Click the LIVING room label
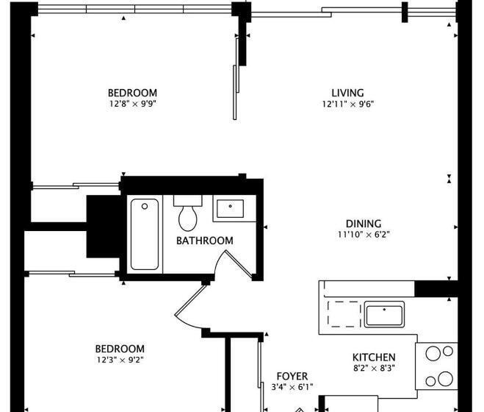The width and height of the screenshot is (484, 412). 347,93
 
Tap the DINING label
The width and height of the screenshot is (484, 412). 364,224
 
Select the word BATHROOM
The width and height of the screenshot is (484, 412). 205,241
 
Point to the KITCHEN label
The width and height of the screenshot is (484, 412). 374,358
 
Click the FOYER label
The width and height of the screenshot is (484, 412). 292,376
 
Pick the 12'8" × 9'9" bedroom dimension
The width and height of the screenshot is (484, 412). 133,104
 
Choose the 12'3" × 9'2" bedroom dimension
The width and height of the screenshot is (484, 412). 120,360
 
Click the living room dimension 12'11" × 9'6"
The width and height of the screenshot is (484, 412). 348,104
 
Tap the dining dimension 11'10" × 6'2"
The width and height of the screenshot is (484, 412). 364,235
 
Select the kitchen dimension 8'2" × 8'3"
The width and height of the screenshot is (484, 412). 374,368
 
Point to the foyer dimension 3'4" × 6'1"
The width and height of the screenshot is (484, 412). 292,387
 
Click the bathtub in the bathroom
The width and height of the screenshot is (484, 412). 145,234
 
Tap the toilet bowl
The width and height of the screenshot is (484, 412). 188,218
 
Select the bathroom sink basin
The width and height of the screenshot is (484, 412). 230,208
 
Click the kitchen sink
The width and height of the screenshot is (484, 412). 384,314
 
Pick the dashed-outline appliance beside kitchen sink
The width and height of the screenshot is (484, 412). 344,314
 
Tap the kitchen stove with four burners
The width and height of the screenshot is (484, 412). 436,366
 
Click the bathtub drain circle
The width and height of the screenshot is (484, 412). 145,206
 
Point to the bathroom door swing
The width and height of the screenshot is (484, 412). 234,263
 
